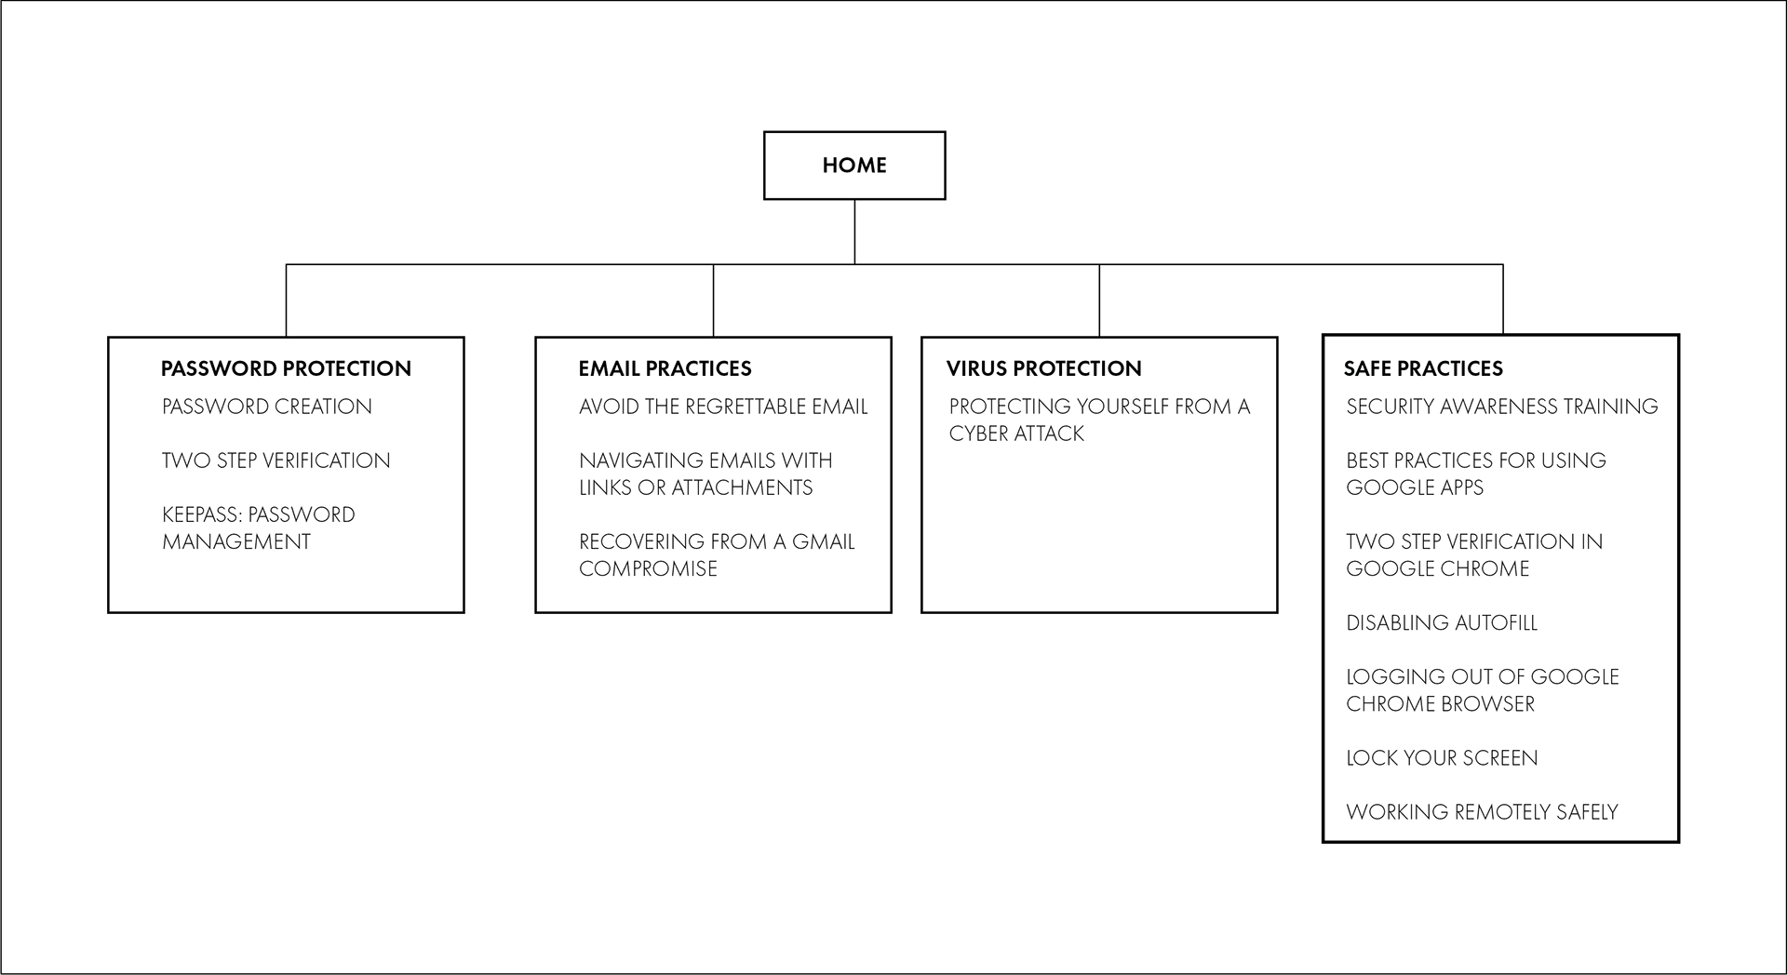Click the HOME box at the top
pyautogui.click(x=854, y=166)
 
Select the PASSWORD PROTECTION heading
pyautogui.click(x=286, y=368)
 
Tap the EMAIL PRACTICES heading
pyautogui.click(x=665, y=368)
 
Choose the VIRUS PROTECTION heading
pyautogui.click(x=1043, y=368)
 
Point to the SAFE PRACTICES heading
pyautogui.click(x=1423, y=368)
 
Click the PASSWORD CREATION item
pyautogui.click(x=267, y=407)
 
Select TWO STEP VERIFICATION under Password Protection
pyautogui.click(x=276, y=461)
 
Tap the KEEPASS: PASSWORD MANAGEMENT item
pyautogui.click(x=259, y=528)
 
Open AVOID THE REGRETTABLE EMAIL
pyautogui.click(x=723, y=407)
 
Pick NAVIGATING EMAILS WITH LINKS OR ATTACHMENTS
pyautogui.click(x=705, y=474)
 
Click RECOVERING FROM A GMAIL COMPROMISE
pyautogui.click(x=717, y=554)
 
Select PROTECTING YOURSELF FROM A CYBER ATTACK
pyautogui.click(x=1099, y=420)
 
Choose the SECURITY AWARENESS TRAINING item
pyautogui.click(x=1502, y=407)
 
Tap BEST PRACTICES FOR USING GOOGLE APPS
pyautogui.click(x=1476, y=474)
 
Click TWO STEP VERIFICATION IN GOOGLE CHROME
pyautogui.click(x=1474, y=554)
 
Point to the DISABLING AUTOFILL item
pyautogui.click(x=1442, y=622)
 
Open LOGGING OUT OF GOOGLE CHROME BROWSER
pyautogui.click(x=1483, y=689)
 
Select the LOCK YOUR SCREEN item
pyautogui.click(x=1442, y=757)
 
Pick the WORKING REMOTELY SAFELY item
pyautogui.click(x=1482, y=811)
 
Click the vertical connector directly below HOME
pyautogui.click(x=854, y=232)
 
